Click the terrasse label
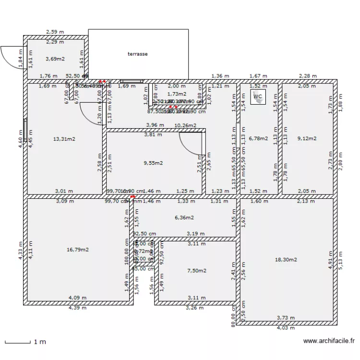coord(138,54)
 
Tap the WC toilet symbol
coord(258,96)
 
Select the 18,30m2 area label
coord(286,260)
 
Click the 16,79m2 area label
coord(78,250)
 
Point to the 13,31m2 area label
coord(64,139)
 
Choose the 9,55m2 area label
coord(153,163)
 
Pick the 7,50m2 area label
coord(196,271)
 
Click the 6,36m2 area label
coord(184,217)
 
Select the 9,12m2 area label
coord(307,139)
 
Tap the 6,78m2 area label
coord(259,139)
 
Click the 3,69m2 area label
coord(55,59)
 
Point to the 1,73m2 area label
coord(176,94)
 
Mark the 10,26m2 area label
coord(185,126)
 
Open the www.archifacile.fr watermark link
coord(329,341)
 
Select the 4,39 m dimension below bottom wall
coord(77,309)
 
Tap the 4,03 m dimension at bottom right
coord(286,328)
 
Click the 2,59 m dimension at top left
coord(55,32)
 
